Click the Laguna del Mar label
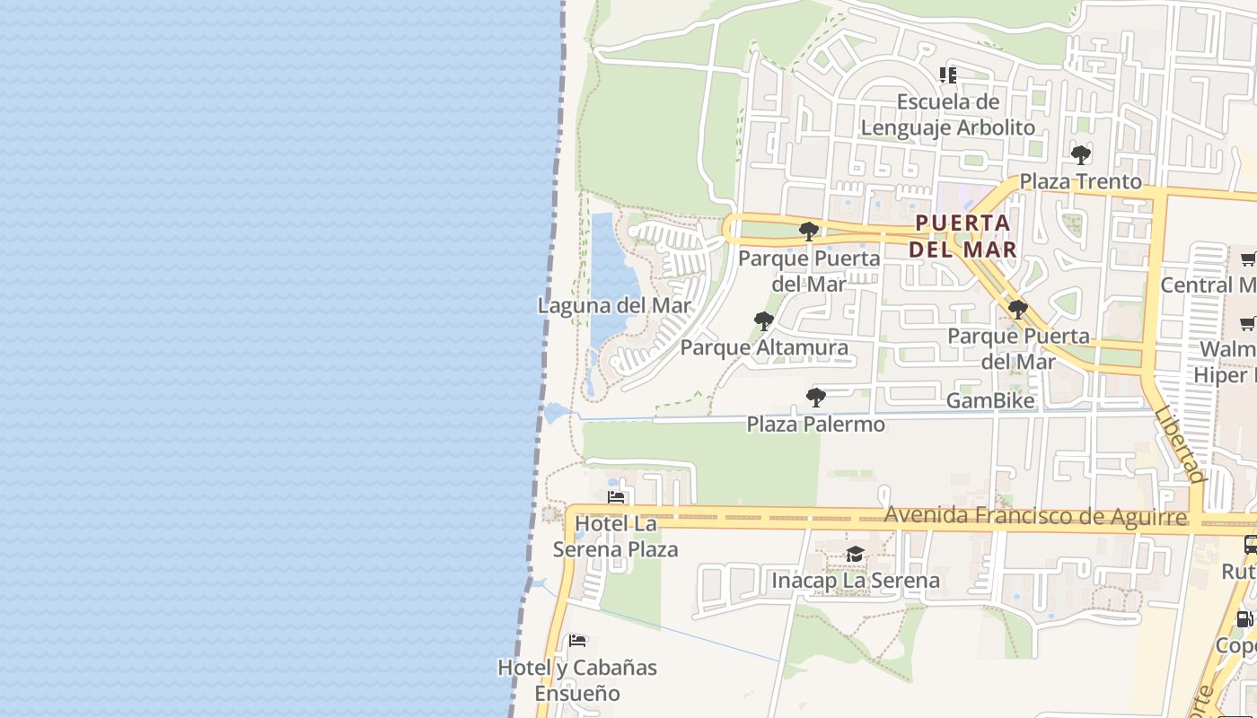615,305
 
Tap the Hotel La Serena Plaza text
616,536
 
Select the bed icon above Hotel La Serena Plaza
616,496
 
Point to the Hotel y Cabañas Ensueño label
578,680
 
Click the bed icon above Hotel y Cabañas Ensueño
577,641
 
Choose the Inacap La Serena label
856,581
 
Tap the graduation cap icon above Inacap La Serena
855,555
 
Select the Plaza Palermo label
816,424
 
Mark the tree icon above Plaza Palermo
816,397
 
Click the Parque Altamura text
764,347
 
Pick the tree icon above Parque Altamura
764,320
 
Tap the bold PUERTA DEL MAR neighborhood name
963,236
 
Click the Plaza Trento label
1081,181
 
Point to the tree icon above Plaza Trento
1081,155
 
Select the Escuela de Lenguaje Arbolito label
948,114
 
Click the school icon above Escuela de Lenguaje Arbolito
948,75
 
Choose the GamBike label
990,400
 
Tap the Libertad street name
1179,443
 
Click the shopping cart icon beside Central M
1248,259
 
